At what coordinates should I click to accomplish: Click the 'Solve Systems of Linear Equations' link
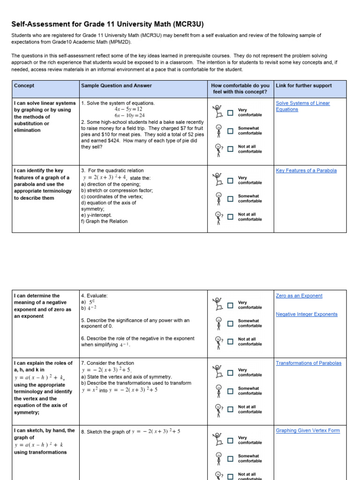click(x=302, y=103)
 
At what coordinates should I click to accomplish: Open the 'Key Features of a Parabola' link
click(x=306, y=171)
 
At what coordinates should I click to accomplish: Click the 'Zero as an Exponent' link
click(x=299, y=296)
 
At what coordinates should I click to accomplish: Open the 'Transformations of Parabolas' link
click(x=308, y=363)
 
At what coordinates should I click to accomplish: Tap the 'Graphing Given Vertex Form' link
click(x=307, y=430)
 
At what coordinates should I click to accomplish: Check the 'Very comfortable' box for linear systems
click(x=230, y=113)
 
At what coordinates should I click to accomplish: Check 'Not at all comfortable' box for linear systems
click(x=230, y=149)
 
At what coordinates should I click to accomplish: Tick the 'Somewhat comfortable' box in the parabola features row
click(x=230, y=199)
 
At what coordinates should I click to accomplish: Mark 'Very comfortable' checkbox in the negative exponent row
click(x=230, y=306)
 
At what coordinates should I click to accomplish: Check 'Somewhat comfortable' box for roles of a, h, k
click(x=230, y=391)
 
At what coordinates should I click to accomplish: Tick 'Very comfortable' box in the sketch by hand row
click(x=230, y=440)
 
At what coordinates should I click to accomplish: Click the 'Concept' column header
click(x=24, y=86)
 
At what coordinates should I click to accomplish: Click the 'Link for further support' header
click(x=304, y=86)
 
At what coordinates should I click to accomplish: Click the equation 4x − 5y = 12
click(x=128, y=109)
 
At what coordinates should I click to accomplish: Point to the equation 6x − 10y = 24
click(x=129, y=115)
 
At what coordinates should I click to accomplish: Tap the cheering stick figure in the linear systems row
click(x=217, y=112)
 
